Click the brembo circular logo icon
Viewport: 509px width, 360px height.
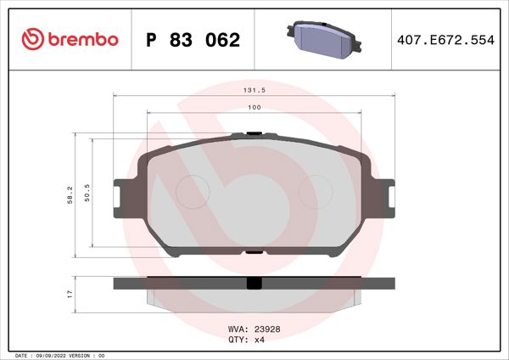[31, 40]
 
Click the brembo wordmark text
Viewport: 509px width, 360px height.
[81, 40]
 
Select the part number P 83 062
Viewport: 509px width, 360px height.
[193, 40]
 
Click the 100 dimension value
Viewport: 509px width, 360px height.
[254, 107]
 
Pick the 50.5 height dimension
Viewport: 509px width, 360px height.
[87, 194]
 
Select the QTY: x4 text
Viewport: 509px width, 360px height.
[248, 338]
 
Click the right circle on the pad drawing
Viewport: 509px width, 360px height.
[316, 188]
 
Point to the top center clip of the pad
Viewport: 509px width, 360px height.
[254, 133]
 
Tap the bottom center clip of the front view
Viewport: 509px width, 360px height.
[254, 250]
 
